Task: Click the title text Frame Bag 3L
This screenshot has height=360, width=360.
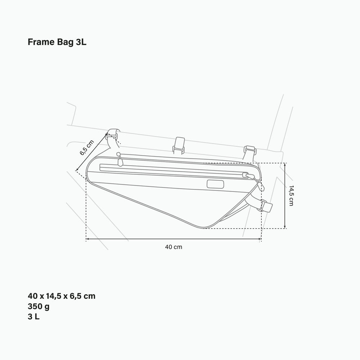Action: click(57, 42)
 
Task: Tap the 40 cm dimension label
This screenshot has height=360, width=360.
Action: click(174, 247)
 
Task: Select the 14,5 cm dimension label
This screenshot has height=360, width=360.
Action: click(291, 196)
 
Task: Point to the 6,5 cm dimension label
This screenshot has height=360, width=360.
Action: click(86, 148)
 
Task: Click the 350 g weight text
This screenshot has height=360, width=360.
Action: click(39, 307)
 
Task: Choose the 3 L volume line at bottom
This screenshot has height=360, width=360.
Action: click(33, 317)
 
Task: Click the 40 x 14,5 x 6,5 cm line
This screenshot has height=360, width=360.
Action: click(62, 296)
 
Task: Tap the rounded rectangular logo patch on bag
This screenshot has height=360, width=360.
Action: click(215, 184)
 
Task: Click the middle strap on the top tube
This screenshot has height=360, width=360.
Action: click(179, 145)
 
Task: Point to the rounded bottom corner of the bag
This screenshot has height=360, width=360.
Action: click(203, 226)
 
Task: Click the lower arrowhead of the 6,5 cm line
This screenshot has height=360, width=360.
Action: click(77, 170)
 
